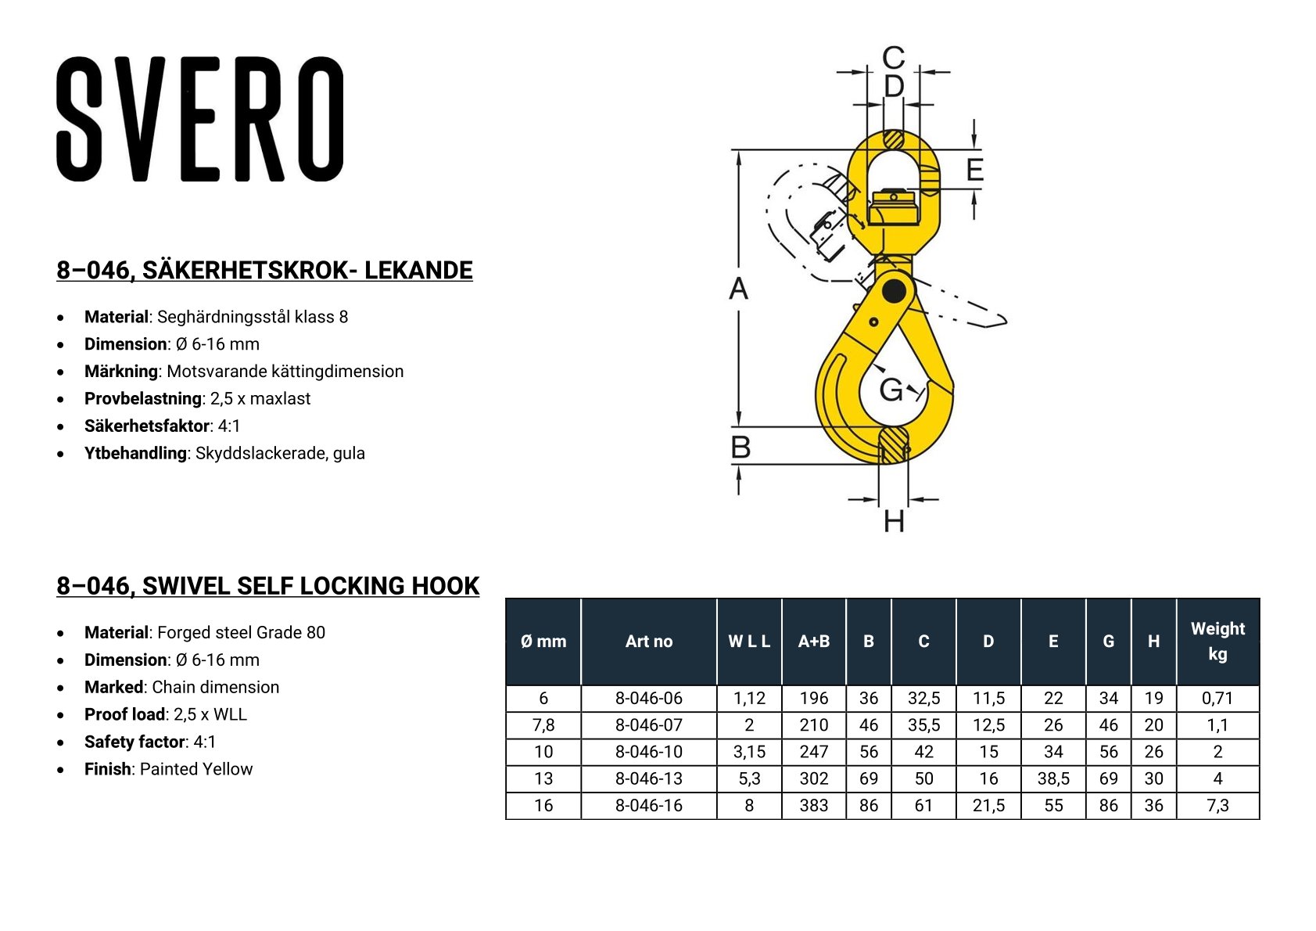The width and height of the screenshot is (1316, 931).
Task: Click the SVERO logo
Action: (x=199, y=119)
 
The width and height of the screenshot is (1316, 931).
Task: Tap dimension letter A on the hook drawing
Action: (x=738, y=289)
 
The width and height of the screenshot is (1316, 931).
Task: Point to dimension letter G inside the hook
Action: (x=891, y=389)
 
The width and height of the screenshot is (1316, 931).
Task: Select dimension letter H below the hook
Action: (x=895, y=521)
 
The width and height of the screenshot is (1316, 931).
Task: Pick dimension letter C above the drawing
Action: (x=894, y=58)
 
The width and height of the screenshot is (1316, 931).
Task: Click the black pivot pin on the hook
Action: (x=894, y=290)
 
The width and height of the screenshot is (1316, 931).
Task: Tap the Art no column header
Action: (x=648, y=642)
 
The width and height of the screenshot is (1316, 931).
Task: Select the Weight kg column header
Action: (x=1217, y=642)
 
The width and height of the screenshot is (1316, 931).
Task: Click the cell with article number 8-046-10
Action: (x=648, y=752)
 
